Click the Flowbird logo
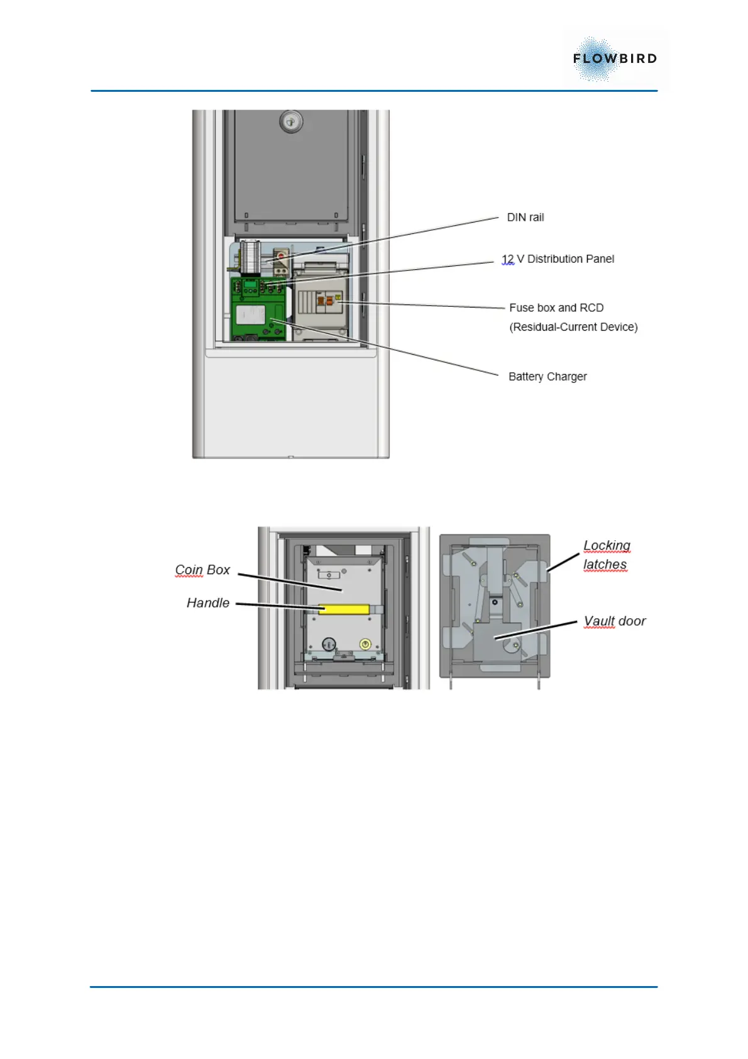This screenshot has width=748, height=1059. click(x=614, y=59)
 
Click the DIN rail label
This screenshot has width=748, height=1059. click(x=525, y=218)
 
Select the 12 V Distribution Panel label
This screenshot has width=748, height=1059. click(x=558, y=259)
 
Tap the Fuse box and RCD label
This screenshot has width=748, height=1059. click(x=556, y=308)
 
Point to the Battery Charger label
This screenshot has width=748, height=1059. click(x=547, y=377)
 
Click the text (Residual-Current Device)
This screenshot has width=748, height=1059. click(x=573, y=327)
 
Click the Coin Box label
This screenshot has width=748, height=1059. click(x=202, y=570)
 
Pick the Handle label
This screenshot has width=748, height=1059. click(x=208, y=603)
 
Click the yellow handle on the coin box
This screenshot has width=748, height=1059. click(x=344, y=609)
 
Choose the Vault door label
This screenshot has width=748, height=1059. click(x=614, y=621)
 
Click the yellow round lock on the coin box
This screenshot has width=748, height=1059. click(x=365, y=644)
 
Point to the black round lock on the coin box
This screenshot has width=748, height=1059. click(x=329, y=644)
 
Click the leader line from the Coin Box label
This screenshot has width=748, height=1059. click(x=289, y=582)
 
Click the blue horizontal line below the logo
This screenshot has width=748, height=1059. click(x=374, y=91)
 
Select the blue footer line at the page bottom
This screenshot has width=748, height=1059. click(x=374, y=987)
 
